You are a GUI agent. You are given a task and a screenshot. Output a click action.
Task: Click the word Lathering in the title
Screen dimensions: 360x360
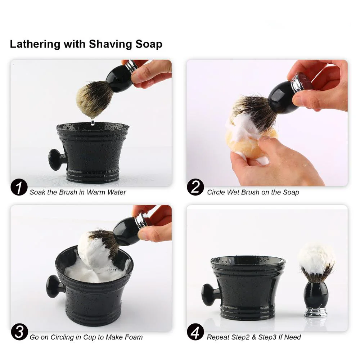(x=35, y=44)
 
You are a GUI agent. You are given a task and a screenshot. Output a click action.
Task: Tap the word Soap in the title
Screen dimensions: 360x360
(x=149, y=44)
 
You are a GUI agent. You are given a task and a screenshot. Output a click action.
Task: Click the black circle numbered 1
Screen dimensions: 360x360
(x=19, y=187)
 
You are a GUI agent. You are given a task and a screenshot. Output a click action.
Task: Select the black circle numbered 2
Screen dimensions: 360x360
(x=195, y=187)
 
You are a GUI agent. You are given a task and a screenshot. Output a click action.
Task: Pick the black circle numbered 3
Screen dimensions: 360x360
(x=19, y=332)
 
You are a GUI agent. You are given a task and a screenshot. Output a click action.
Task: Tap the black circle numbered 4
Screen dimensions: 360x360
(x=195, y=332)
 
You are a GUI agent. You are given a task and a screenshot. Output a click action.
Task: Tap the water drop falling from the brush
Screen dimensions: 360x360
(x=93, y=122)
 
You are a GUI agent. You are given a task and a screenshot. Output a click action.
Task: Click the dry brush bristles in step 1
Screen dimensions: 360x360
(x=94, y=98)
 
